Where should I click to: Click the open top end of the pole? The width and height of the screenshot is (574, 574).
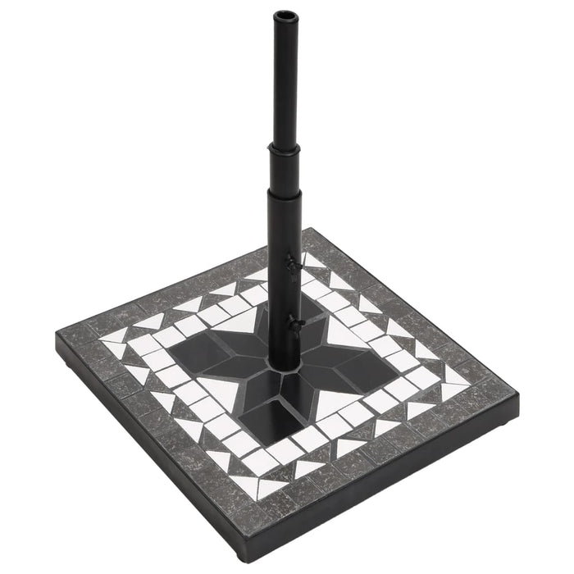[285, 15]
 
